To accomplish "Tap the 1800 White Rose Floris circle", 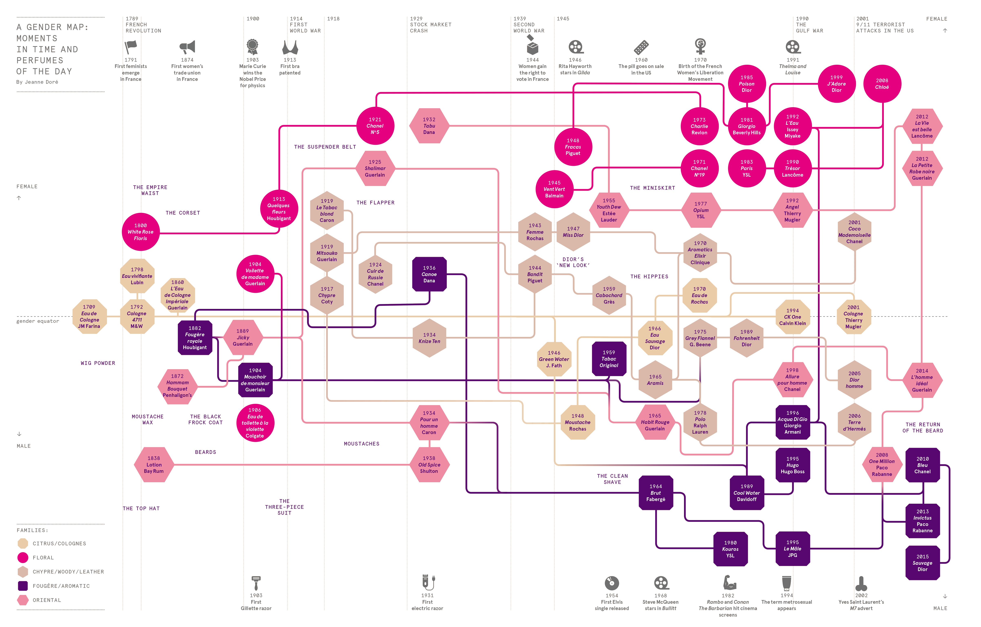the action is [x=141, y=232].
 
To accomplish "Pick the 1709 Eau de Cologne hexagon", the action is [x=89, y=316].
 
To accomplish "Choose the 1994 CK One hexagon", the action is [x=792, y=316].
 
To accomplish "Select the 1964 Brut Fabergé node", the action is [x=655, y=493].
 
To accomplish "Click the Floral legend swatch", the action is [x=23, y=557].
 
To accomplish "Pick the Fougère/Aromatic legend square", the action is [x=23, y=586].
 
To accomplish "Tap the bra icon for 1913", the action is [x=290, y=47].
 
